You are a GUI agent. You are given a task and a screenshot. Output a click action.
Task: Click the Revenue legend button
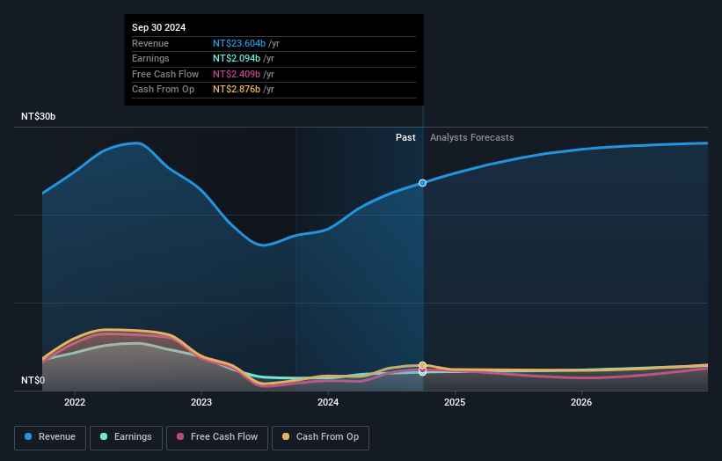tap(49, 437)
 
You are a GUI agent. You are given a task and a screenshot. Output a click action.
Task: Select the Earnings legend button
tap(125, 437)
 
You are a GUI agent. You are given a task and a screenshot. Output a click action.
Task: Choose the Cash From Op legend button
tap(320, 437)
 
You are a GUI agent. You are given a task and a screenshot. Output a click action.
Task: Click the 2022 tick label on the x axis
tap(75, 403)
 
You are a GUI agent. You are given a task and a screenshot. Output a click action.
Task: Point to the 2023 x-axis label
tap(201, 403)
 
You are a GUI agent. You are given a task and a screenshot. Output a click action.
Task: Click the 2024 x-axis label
tap(328, 403)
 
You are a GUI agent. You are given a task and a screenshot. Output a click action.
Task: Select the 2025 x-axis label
tap(455, 403)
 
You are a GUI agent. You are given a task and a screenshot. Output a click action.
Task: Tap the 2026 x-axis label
tap(581, 403)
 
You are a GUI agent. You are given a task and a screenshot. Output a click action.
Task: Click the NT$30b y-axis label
tap(39, 117)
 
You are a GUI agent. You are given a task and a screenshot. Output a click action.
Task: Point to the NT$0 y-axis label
tap(33, 381)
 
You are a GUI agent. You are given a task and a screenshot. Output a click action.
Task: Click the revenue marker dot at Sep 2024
tap(423, 183)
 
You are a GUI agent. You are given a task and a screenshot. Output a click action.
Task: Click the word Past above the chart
tap(405, 137)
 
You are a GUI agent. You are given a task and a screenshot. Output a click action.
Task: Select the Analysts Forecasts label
tap(471, 137)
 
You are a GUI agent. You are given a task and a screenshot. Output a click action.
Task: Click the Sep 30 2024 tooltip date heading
tap(159, 28)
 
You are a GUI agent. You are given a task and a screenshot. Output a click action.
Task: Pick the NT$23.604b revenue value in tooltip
tap(238, 43)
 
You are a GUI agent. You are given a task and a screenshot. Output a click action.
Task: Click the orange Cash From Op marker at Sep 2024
tap(423, 365)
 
